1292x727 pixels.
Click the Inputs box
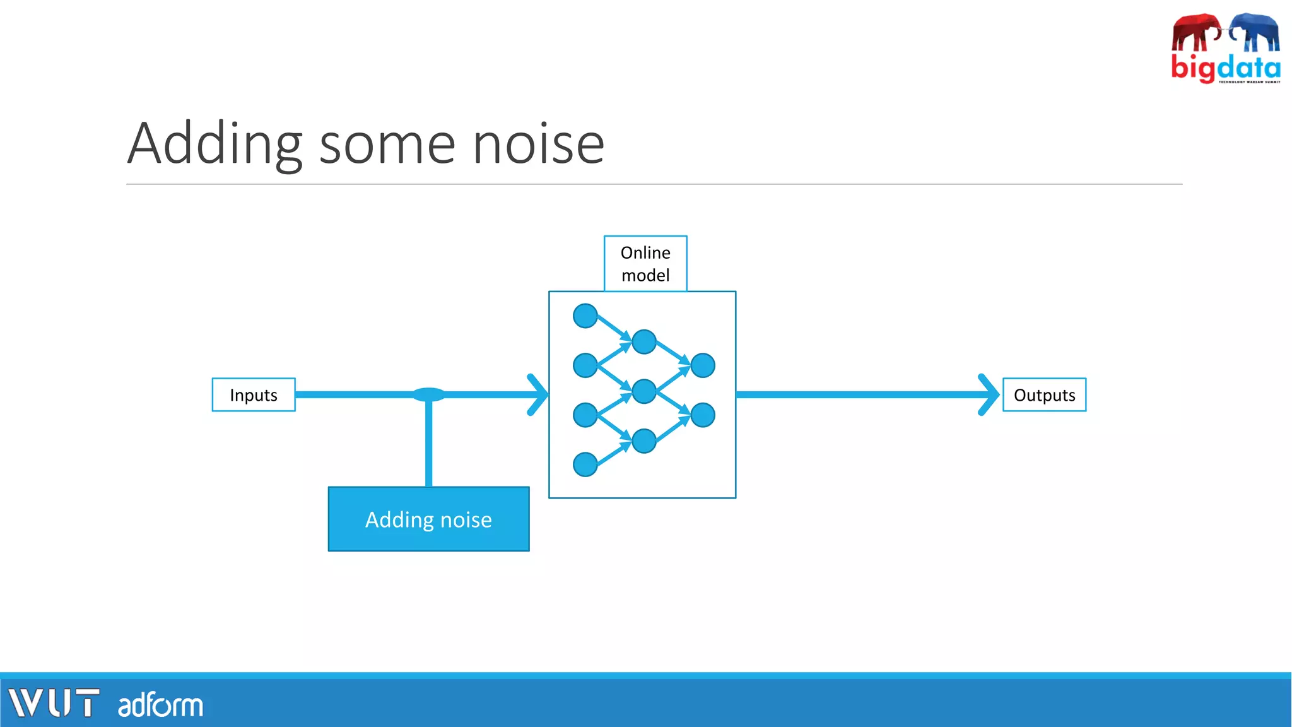coord(253,395)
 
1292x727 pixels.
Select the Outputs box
coord(1044,395)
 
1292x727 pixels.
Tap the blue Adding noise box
coord(428,519)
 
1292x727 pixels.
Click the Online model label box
coord(645,264)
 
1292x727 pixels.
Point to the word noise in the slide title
coord(538,145)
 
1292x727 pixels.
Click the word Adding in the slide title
coord(214,145)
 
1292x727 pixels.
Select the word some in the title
coord(387,145)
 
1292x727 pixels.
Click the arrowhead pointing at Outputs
coord(990,395)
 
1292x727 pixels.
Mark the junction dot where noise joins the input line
coord(428,395)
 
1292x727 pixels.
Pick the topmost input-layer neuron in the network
coord(585,316)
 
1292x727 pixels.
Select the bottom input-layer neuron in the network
coord(585,464)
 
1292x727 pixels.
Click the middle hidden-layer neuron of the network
coord(643,391)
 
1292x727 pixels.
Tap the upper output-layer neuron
coord(702,365)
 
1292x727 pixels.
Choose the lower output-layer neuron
coord(702,415)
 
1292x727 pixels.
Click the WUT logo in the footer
coord(54,703)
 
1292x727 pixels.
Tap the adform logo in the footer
coord(160,705)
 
